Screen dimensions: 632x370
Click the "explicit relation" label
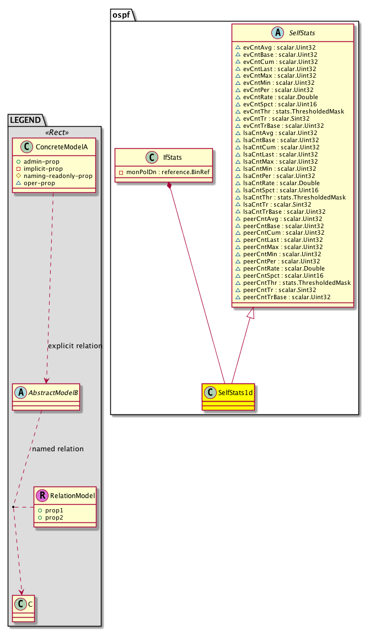(75, 346)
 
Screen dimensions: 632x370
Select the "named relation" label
(58, 449)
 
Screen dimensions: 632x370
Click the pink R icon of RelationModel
(42, 495)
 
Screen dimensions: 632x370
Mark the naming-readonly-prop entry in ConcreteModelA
(61, 176)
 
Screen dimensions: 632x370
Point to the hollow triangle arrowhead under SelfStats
(251, 314)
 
